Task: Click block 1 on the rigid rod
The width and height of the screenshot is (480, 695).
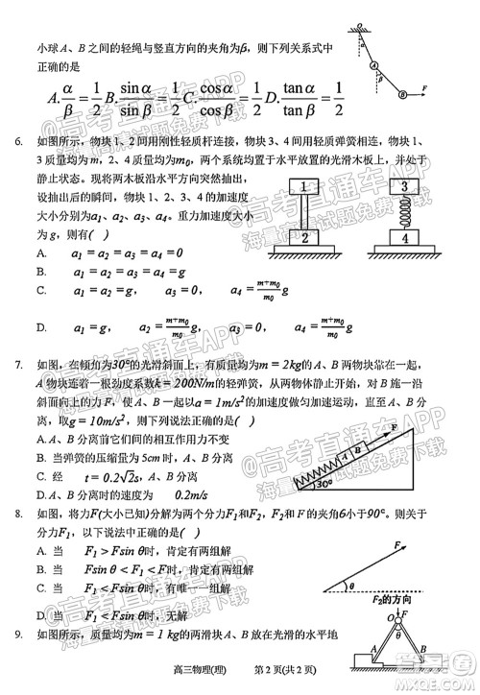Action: click(x=303, y=186)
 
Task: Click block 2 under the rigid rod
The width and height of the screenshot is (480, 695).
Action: click(x=303, y=236)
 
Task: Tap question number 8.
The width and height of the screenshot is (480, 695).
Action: click(x=18, y=515)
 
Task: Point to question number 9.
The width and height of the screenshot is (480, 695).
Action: click(x=18, y=635)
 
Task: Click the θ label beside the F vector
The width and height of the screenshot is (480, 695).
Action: click(x=351, y=583)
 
